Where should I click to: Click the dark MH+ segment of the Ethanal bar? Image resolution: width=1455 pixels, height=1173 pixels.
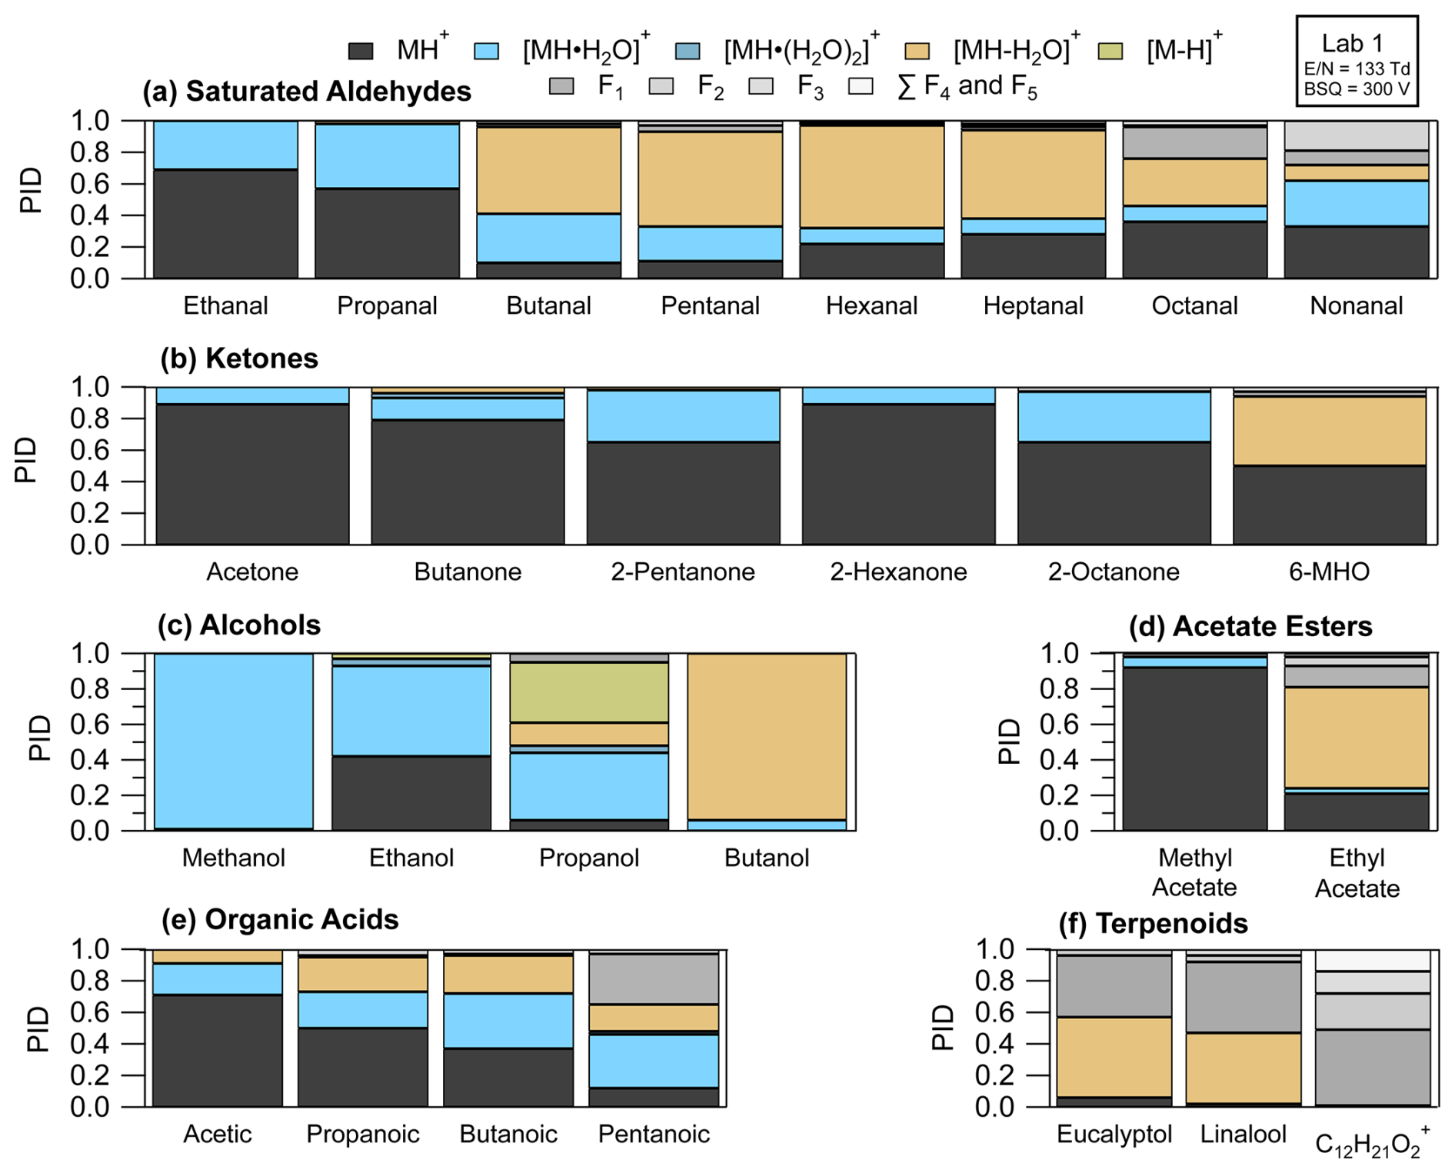click(x=225, y=223)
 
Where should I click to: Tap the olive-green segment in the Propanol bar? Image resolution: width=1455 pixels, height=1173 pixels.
click(x=589, y=692)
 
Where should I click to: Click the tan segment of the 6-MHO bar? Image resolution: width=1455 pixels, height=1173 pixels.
click(x=1329, y=431)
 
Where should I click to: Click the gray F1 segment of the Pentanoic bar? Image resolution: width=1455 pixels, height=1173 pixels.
click(x=654, y=979)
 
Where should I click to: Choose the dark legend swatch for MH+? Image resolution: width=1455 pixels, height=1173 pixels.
click(x=361, y=52)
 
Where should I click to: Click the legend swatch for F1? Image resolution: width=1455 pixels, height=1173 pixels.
click(x=561, y=86)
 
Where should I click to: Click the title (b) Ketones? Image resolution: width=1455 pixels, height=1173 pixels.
click(x=239, y=358)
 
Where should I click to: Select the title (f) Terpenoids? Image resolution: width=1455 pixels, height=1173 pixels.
click(x=1153, y=923)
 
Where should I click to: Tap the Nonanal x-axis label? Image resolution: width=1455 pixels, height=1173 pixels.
click(x=1356, y=306)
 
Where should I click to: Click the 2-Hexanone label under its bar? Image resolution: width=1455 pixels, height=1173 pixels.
click(x=898, y=572)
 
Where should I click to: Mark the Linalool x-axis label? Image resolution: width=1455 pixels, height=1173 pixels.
click(x=1243, y=1134)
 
